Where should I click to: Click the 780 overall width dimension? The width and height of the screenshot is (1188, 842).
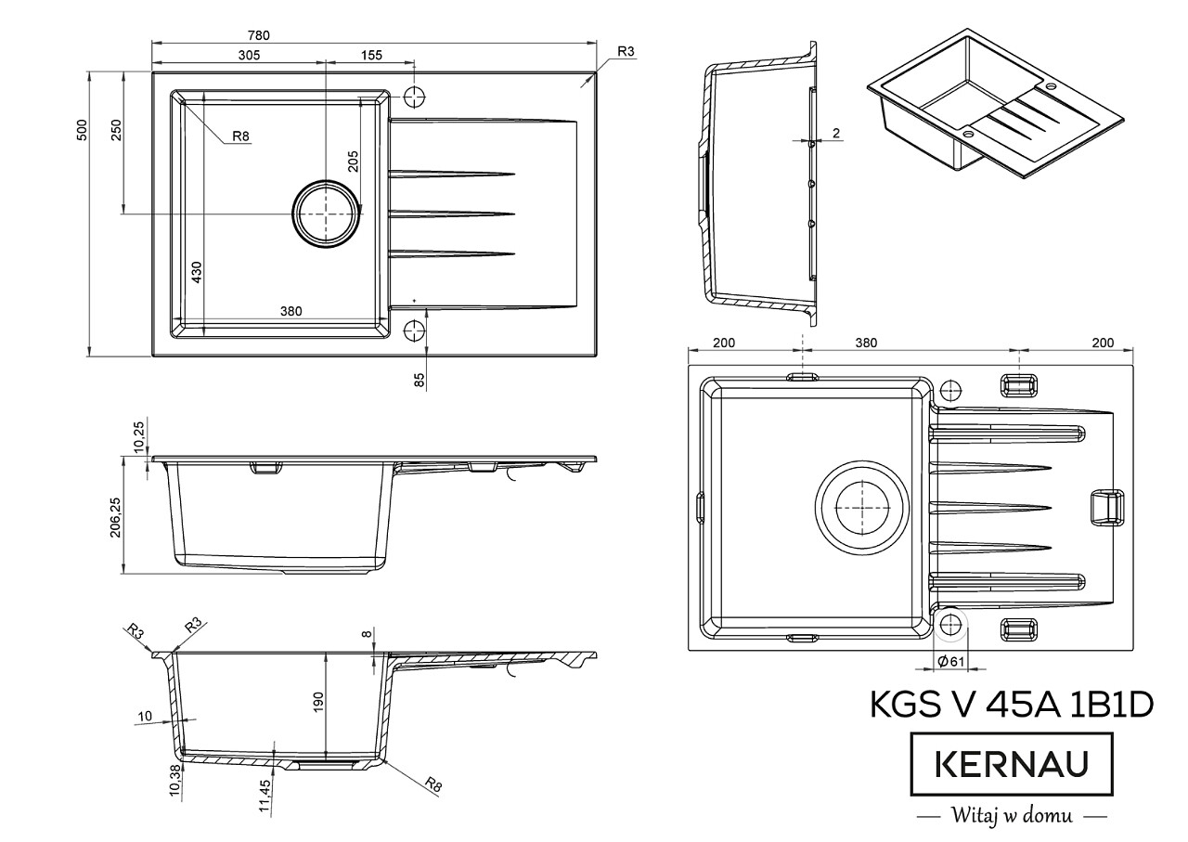pos(259,35)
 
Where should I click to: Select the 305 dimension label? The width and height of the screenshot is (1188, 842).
pos(249,55)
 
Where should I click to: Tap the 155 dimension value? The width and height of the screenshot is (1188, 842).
pos(371,55)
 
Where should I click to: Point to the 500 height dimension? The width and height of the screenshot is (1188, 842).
pos(82,130)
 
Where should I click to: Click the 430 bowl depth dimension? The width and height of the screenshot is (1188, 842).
pos(196,272)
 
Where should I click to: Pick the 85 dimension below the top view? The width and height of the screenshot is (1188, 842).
pos(419,380)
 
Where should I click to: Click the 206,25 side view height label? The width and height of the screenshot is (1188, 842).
pos(116,517)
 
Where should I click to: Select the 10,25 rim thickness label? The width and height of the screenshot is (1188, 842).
pos(138,437)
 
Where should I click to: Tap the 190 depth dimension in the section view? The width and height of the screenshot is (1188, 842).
pos(318,703)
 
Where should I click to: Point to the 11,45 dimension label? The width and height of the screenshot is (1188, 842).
pos(265,796)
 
